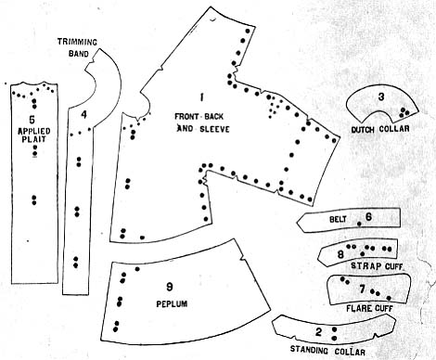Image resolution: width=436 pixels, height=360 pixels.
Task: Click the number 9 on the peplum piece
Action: pos(170,288)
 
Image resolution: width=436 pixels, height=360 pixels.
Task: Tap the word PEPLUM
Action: pos(172,303)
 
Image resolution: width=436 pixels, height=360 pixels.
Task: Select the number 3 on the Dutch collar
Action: pos(381,96)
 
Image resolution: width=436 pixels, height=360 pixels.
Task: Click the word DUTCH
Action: pos(363,130)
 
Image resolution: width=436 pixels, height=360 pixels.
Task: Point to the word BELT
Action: pos(338,219)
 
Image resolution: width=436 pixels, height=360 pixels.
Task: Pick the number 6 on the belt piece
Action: pos(368,217)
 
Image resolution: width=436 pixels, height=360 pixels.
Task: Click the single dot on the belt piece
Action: pos(359,224)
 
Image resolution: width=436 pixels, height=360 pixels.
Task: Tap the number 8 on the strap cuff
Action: pos(340,254)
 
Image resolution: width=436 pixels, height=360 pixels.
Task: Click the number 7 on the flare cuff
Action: pos(363,289)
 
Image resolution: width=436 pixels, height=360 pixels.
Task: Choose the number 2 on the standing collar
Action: pos(318,332)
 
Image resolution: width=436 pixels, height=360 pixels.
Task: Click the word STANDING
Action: pos(309,350)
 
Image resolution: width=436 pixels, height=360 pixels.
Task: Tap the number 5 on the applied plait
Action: pos(32,119)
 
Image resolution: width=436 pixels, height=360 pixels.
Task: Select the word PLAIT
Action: pos(33,139)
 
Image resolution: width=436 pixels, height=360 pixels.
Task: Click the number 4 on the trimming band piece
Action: pos(83,115)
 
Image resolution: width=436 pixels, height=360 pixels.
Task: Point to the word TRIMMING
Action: pos(77,42)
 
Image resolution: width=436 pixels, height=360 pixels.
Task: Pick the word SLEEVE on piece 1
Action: pos(214,129)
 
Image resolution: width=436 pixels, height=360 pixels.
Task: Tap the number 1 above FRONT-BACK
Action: pos(201,97)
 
